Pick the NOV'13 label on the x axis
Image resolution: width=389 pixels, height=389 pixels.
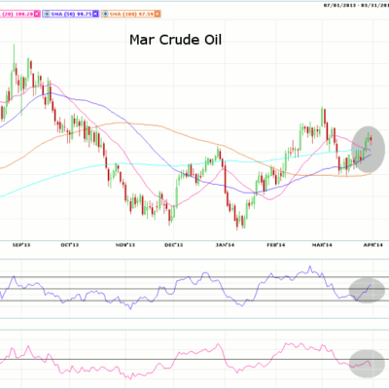pyautogui.click(x=124, y=245)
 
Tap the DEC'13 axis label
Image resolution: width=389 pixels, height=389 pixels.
pyautogui.click(x=175, y=245)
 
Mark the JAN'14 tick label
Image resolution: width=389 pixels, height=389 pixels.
pyautogui.click(x=227, y=245)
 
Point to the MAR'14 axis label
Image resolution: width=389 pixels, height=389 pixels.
pyautogui.click(x=325, y=245)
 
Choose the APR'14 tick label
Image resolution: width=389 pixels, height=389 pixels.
pyautogui.click(x=375, y=245)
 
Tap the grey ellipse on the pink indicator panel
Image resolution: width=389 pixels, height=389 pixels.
pyautogui.click(x=361, y=364)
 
